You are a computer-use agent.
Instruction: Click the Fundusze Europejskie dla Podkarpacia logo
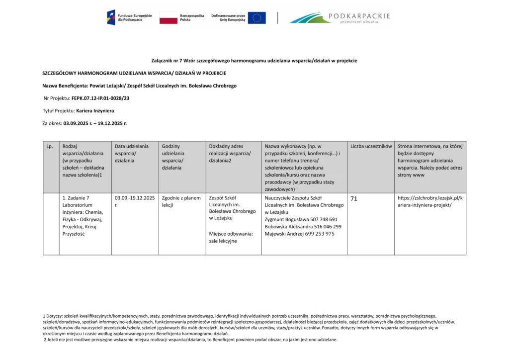coord(124,18)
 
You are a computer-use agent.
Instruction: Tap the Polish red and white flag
coord(169,18)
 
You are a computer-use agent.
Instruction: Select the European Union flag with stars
coord(256,18)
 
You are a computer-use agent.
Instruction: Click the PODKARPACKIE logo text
coord(359,16)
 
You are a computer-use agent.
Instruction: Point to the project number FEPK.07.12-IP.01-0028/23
coord(100,98)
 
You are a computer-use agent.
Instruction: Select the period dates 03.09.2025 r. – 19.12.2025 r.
coord(95,123)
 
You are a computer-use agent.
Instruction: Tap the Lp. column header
coord(50,147)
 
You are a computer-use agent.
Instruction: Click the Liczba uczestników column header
coord(371,147)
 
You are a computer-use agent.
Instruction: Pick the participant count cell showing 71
coord(354,199)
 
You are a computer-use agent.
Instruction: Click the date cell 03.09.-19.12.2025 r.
coord(134,201)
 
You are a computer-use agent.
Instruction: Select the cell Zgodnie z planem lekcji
coord(181,201)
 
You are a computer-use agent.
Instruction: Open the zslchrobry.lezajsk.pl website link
coord(430,201)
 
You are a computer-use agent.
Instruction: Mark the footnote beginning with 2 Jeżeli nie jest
coord(190,340)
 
